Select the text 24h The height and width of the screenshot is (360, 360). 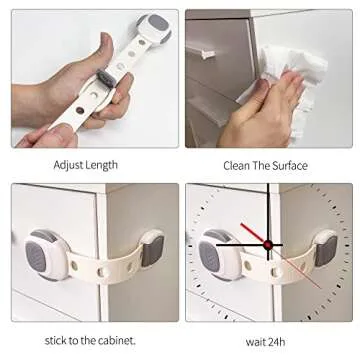click(281, 338)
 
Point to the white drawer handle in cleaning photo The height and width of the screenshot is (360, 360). click(213, 50)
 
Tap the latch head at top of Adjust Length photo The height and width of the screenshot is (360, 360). click(153, 28)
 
